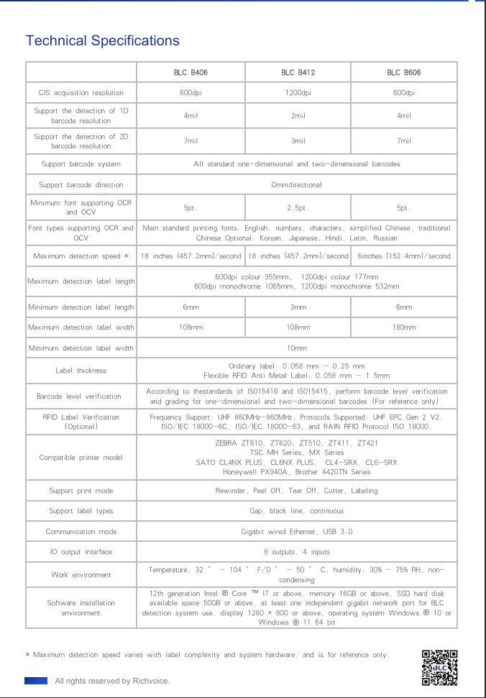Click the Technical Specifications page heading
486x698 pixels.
pos(102,40)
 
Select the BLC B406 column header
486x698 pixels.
pos(191,73)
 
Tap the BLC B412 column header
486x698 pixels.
pos(298,73)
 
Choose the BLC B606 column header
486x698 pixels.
pos(404,73)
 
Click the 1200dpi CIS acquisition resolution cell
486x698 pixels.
pos(298,93)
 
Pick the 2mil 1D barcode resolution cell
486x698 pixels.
pos(298,116)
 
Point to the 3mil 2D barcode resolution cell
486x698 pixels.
pos(298,141)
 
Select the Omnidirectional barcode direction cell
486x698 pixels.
pos(296,185)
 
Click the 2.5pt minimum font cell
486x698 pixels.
pos(298,208)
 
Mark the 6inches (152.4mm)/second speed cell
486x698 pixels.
pos(404,256)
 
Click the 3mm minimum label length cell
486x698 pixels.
pos(298,307)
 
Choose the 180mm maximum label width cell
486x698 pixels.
pos(404,327)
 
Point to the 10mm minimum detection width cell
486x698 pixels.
pos(296,348)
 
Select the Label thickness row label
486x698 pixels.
pos(81,371)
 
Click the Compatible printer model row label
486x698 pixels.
pos(81,458)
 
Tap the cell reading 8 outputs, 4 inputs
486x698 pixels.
pos(296,552)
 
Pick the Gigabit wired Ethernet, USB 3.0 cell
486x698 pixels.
pos(296,532)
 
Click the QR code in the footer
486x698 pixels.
pos(439,667)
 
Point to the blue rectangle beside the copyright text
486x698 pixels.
pos(36,680)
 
